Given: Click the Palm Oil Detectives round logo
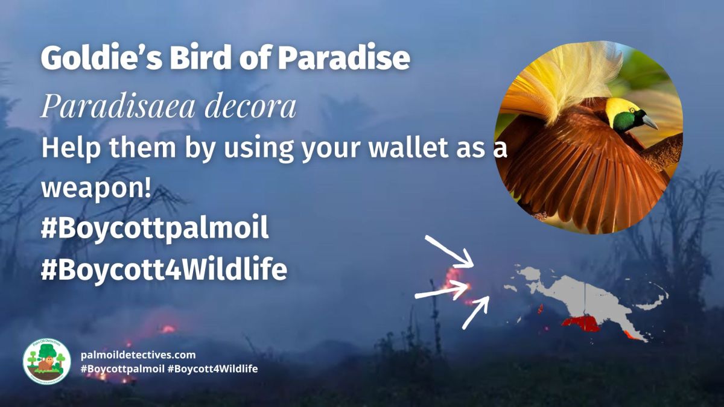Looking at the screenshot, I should pyautogui.click(x=46, y=361).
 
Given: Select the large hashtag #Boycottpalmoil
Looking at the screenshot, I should pyautogui.click(x=154, y=230).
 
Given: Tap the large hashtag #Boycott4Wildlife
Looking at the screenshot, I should pyautogui.click(x=164, y=270).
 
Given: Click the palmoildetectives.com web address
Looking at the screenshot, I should pyautogui.click(x=138, y=355).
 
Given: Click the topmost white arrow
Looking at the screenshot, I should pyautogui.click(x=449, y=251).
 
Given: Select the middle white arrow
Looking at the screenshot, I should pyautogui.click(x=442, y=291).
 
